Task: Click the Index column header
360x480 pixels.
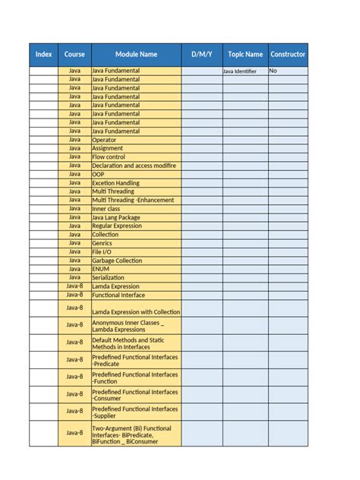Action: click(x=44, y=55)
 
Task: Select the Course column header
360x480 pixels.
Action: click(x=74, y=55)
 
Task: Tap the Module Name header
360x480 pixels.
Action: click(x=136, y=55)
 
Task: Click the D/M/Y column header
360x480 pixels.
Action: click(x=201, y=55)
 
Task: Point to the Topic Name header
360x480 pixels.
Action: click(x=245, y=55)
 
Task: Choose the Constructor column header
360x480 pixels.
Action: click(x=288, y=55)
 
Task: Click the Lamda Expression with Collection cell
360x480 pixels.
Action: click(x=136, y=311)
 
